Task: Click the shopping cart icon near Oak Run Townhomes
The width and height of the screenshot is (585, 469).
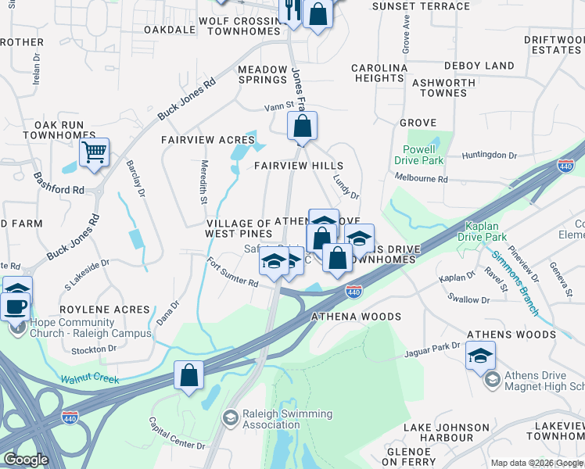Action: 94,151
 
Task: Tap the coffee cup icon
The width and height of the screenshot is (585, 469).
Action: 16,304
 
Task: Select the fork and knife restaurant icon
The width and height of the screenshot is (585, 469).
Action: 292,10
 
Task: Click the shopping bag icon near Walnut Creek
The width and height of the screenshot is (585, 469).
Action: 188,375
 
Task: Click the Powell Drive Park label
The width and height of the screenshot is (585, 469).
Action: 423,155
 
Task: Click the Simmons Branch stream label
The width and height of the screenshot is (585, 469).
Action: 515,282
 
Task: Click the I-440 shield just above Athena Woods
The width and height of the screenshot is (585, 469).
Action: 354,291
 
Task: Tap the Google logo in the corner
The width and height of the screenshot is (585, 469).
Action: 25,459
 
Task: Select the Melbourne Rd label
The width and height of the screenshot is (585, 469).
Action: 421,179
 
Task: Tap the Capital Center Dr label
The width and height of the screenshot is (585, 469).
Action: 177,434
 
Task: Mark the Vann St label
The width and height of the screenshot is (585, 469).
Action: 278,105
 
